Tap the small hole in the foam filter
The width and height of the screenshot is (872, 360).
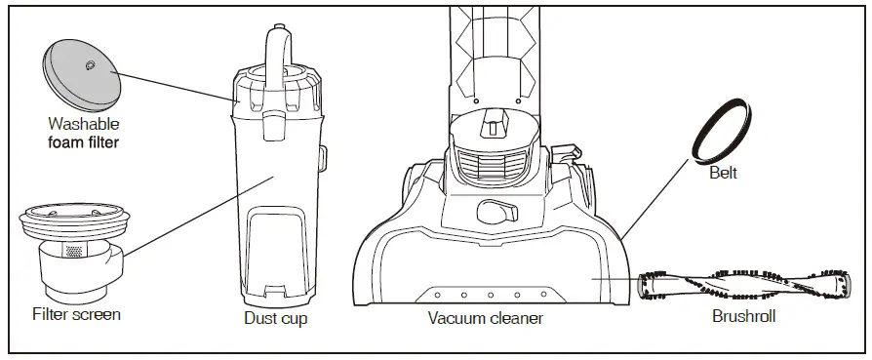point(90,65)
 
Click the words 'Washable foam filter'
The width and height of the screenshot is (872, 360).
point(84,134)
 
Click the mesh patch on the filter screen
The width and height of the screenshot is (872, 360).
point(74,251)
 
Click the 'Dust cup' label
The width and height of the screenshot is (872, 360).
point(273,317)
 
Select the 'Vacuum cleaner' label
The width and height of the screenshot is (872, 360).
point(485,318)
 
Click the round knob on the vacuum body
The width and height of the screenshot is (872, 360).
point(494,210)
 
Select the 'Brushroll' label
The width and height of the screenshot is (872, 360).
point(744,318)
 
